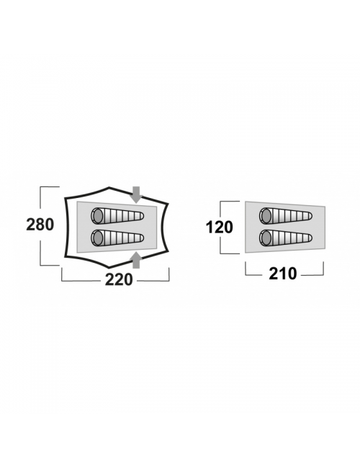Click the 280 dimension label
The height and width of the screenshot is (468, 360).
40,225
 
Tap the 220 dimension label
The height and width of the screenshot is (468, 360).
119,279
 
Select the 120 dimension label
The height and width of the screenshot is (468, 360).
219,228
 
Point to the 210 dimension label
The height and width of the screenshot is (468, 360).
283,274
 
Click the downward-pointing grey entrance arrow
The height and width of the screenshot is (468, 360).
136,194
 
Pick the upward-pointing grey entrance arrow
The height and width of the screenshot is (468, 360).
136,260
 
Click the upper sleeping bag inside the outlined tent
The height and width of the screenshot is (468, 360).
117,215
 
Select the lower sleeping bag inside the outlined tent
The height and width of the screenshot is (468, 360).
117,238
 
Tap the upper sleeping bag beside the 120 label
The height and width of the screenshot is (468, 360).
286,215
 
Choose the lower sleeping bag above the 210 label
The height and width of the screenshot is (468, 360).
286,238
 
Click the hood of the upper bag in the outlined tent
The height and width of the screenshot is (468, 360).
97,215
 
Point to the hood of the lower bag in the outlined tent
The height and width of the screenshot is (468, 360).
97,238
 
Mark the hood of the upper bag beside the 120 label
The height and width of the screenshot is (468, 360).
266,215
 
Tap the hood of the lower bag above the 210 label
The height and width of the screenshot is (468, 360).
266,238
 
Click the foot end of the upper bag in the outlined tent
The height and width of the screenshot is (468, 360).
141,215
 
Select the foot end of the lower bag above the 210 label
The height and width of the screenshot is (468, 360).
310,238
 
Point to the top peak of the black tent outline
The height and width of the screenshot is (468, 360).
109,188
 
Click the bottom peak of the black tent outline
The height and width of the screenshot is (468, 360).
109,266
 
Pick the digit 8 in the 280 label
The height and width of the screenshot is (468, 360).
40,225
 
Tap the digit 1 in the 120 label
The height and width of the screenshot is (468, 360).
210,228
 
